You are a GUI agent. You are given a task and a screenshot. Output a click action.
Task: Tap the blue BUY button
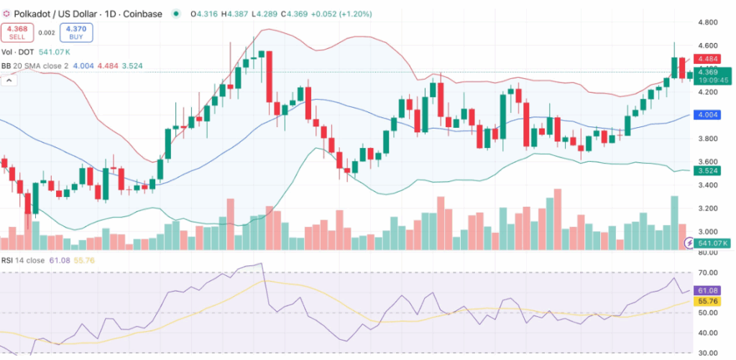pos(75,32)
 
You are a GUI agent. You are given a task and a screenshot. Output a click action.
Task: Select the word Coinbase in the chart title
pos(143,14)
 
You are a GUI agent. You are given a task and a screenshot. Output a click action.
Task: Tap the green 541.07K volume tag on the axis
pos(712,244)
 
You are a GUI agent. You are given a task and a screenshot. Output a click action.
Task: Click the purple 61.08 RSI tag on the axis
pos(707,290)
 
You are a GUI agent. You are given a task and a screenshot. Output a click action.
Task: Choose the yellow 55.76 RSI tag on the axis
pos(707,301)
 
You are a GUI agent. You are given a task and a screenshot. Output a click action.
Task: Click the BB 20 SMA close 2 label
pos(36,67)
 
